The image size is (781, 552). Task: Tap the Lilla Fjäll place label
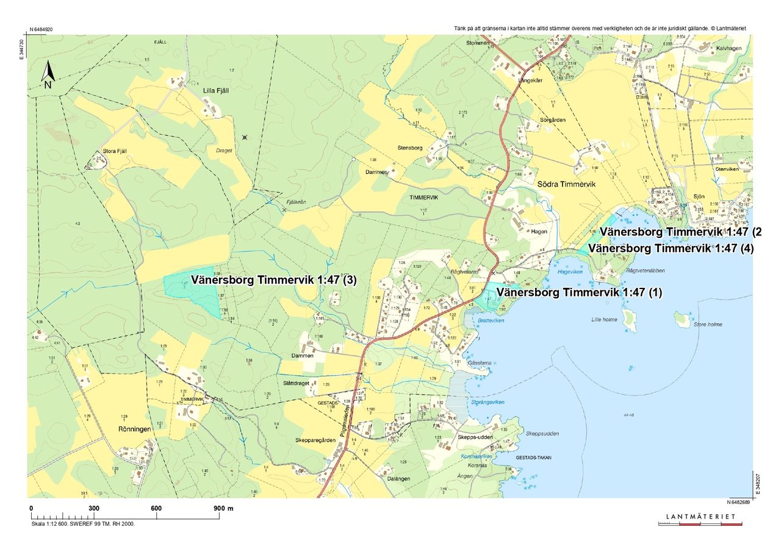coord(215,90)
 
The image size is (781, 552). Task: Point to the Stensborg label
coord(409,148)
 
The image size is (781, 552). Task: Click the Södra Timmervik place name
coord(565,184)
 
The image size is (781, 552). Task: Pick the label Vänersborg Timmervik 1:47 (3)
coord(273,281)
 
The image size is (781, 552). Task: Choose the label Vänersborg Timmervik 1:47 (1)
coord(578,292)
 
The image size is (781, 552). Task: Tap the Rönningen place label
coord(134,429)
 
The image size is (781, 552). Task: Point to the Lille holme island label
coord(604,319)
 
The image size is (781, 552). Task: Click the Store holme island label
coord(708,324)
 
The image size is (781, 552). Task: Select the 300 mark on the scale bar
coord(93,508)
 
